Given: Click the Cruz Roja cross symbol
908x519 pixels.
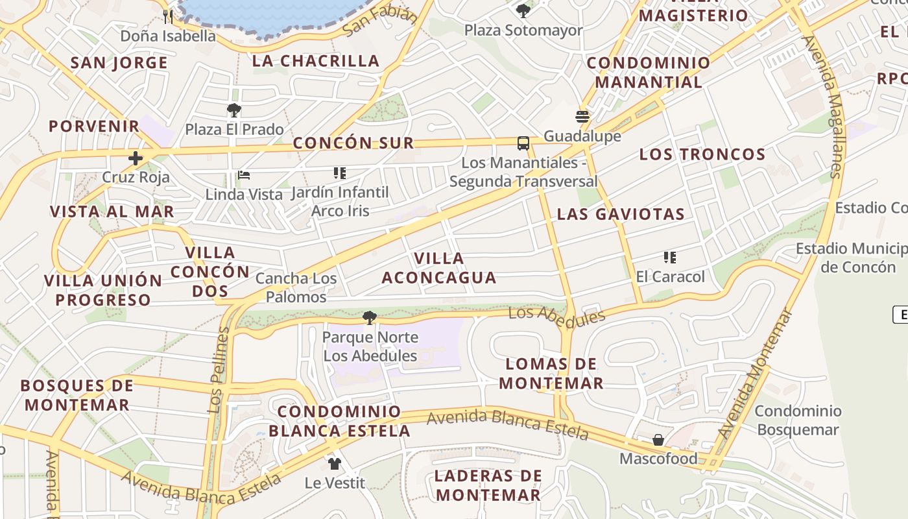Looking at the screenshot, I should (x=136, y=158).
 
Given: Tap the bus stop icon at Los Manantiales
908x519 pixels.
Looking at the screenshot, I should (x=523, y=143).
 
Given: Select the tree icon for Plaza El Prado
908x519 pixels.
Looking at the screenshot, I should (x=234, y=110).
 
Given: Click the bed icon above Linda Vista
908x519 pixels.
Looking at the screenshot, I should (x=244, y=175).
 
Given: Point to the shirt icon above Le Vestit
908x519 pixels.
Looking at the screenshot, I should (x=334, y=463).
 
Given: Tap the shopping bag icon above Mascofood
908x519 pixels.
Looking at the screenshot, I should (x=658, y=440).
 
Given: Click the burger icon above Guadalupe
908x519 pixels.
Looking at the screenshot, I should (x=582, y=117).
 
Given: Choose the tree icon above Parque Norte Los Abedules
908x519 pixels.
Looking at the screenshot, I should (x=370, y=318).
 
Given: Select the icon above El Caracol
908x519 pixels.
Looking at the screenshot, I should (x=670, y=258).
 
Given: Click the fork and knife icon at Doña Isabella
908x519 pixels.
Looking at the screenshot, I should (x=168, y=16).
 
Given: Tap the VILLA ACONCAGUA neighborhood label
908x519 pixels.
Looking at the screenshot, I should (x=439, y=268).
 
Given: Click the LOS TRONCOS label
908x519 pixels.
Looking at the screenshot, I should (x=702, y=154).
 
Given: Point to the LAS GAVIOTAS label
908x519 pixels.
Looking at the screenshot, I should (x=621, y=214).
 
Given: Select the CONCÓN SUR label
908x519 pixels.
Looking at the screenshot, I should (x=353, y=143).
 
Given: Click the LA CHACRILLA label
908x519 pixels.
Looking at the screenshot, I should (x=316, y=61).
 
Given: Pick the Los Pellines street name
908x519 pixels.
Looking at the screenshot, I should (x=219, y=370).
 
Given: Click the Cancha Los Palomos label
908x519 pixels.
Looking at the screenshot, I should (x=296, y=287).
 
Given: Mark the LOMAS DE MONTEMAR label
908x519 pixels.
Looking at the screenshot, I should (x=551, y=373).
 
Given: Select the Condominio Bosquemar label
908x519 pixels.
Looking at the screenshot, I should (x=798, y=420).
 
